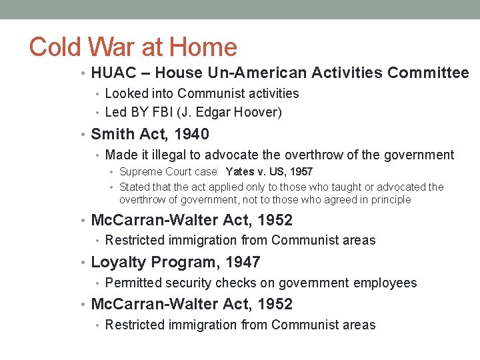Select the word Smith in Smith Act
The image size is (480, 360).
[112, 134]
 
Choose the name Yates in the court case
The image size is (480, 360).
[239, 172]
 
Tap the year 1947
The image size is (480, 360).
[242, 262]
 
